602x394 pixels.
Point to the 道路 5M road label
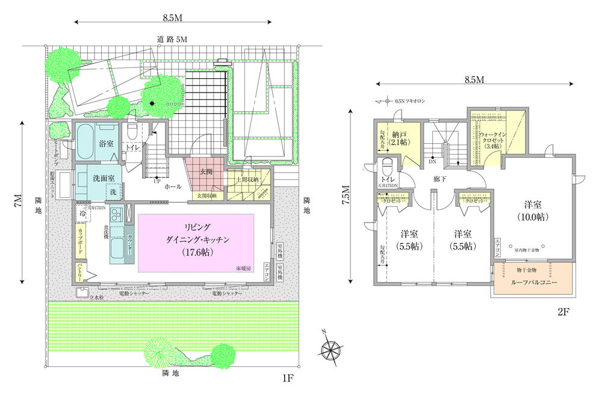(173, 39)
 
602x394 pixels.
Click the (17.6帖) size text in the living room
(197, 252)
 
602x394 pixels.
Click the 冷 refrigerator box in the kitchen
(82, 213)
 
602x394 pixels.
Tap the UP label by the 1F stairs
(157, 181)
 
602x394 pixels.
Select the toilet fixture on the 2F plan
(388, 166)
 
